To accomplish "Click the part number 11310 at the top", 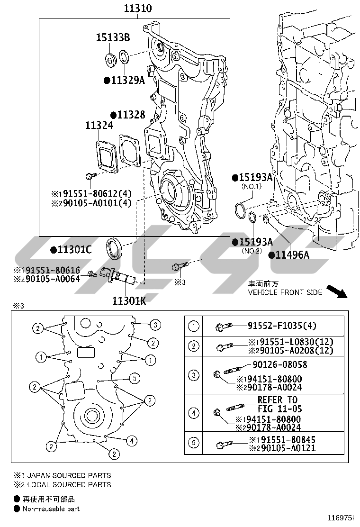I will click(138, 9).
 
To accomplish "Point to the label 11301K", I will click(129, 300).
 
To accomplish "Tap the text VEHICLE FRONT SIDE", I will click(285, 292).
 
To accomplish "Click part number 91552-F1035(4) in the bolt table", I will click(282, 326).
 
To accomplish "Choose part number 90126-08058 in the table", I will click(279, 365).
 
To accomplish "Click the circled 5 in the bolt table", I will click(194, 444).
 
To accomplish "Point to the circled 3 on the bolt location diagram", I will click(154, 325).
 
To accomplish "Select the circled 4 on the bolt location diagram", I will click(132, 441).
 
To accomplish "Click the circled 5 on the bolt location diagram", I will click(135, 378).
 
